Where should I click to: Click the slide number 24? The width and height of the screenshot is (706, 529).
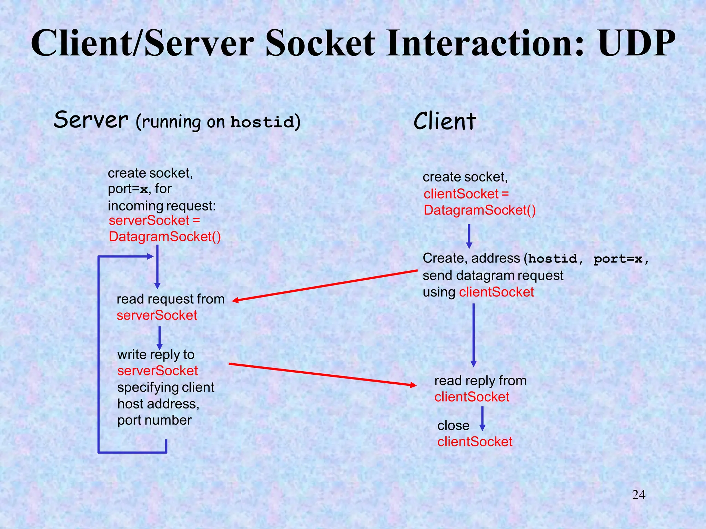tap(638, 495)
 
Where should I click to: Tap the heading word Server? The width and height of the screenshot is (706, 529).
tap(91, 120)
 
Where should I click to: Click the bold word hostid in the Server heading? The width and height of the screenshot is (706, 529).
tap(262, 122)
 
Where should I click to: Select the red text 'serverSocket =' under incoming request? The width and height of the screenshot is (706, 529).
tap(154, 220)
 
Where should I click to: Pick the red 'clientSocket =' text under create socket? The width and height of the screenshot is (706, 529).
tap(466, 194)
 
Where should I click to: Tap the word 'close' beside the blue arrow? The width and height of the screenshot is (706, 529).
tap(453, 426)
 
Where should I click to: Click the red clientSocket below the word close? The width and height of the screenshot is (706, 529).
tap(475, 442)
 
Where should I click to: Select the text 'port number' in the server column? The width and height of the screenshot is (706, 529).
tap(154, 420)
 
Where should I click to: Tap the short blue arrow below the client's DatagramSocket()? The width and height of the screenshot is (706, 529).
tap(469, 237)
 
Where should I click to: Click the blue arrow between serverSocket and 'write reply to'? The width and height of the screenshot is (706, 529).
tap(159, 338)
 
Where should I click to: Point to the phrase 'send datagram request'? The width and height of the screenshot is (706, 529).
tap(493, 276)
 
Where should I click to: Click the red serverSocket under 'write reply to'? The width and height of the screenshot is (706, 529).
tap(158, 371)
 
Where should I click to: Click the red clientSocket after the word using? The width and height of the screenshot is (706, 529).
tap(496, 292)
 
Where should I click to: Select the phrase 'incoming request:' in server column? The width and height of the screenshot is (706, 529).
tap(162, 206)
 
